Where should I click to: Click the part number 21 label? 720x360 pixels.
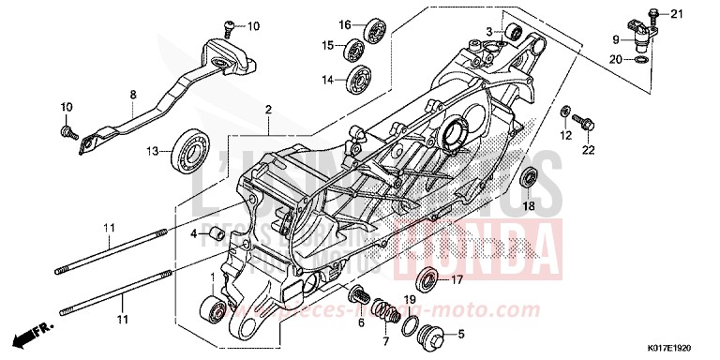679,13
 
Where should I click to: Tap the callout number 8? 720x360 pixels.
133,94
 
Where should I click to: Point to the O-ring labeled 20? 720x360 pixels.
639,60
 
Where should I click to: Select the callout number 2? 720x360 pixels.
268,110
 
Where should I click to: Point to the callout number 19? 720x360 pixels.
410,299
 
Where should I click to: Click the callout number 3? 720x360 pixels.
488,31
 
